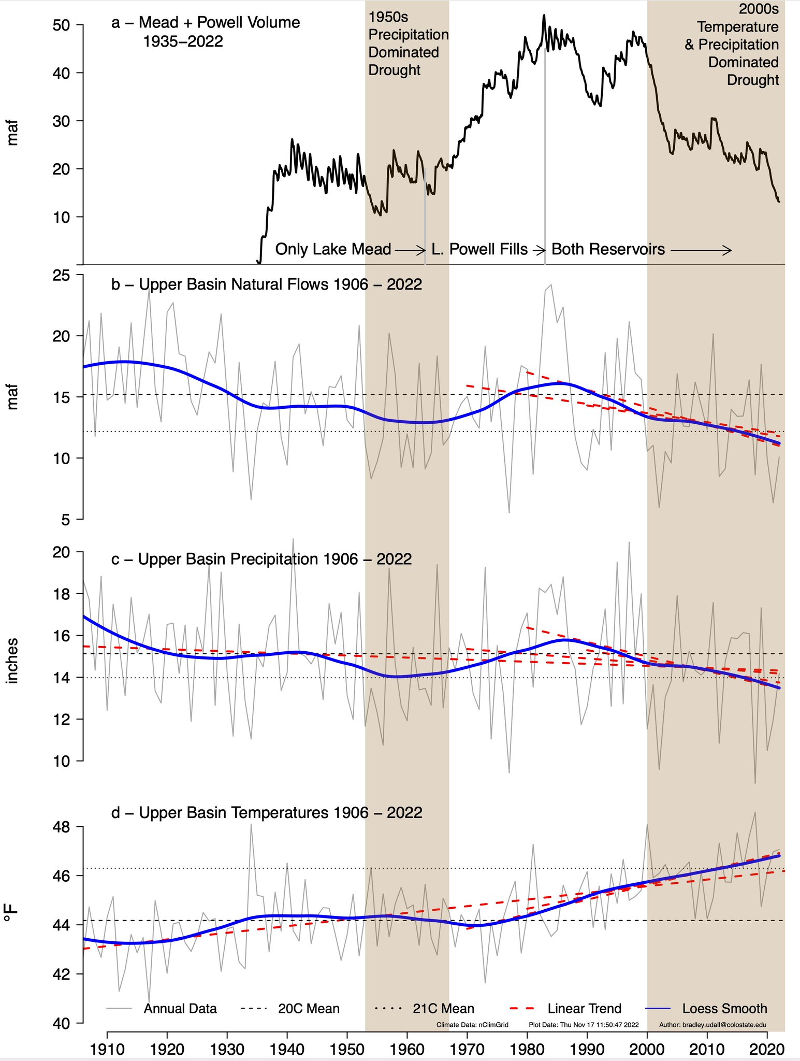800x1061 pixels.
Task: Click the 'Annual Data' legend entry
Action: tap(180, 1009)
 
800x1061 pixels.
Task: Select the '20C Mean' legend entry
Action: tap(309, 1009)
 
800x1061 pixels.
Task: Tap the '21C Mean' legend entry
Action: tap(443, 1009)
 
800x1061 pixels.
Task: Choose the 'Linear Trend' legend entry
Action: tap(584, 1009)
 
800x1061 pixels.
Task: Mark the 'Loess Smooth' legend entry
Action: tap(724, 1009)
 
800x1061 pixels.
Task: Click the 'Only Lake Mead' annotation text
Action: tap(333, 249)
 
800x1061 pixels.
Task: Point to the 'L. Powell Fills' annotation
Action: tap(479, 249)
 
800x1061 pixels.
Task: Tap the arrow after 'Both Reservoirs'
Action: tap(701, 250)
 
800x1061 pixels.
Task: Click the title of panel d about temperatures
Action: tap(267, 812)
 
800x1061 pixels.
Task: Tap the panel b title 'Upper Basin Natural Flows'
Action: tap(267, 284)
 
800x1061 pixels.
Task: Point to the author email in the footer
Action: tap(712, 1025)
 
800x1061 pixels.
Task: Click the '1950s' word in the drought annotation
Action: tap(388, 17)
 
